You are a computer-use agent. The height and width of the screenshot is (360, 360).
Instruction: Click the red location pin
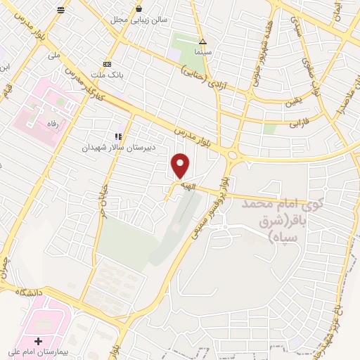181,165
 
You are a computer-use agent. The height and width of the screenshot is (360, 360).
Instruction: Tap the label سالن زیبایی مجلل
139,20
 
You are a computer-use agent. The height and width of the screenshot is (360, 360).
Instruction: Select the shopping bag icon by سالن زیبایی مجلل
139,8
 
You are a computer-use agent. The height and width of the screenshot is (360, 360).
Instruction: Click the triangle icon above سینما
202,41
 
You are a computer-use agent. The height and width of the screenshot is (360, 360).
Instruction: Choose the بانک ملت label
107,74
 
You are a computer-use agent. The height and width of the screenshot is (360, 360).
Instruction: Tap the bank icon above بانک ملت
107,63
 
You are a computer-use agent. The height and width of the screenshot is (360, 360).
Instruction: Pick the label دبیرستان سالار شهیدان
118,148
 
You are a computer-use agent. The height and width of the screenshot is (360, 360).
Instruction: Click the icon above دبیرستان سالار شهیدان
118,136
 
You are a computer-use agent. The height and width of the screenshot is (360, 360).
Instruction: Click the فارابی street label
300,124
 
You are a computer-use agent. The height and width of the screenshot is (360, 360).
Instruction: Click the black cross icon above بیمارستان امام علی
38,340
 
